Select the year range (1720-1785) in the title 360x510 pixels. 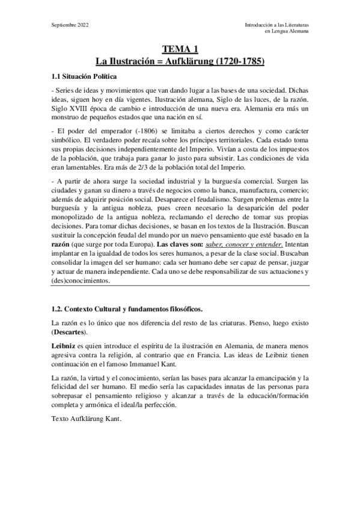(x=233, y=61)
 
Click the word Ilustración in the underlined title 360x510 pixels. (x=135, y=61)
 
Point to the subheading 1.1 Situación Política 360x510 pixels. (x=83, y=76)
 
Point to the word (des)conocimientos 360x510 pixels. (x=81, y=281)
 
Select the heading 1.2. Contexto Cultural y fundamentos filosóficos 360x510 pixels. (x=127, y=309)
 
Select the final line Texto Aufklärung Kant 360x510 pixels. (x=87, y=419)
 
